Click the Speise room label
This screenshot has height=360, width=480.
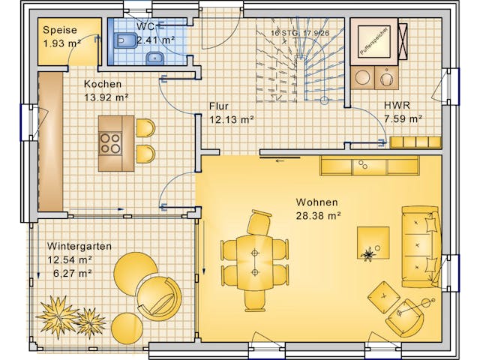(x=59, y=30)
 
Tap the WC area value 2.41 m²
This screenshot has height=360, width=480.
(x=156, y=39)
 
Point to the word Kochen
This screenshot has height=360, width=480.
(x=102, y=84)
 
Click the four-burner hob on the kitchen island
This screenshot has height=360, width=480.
(x=109, y=142)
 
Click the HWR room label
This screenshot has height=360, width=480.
(x=397, y=106)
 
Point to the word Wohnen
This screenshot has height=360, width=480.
(x=316, y=202)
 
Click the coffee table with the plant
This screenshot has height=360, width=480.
(x=373, y=244)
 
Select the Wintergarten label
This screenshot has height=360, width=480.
(x=79, y=246)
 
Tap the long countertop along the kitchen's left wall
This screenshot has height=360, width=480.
(x=50, y=141)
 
